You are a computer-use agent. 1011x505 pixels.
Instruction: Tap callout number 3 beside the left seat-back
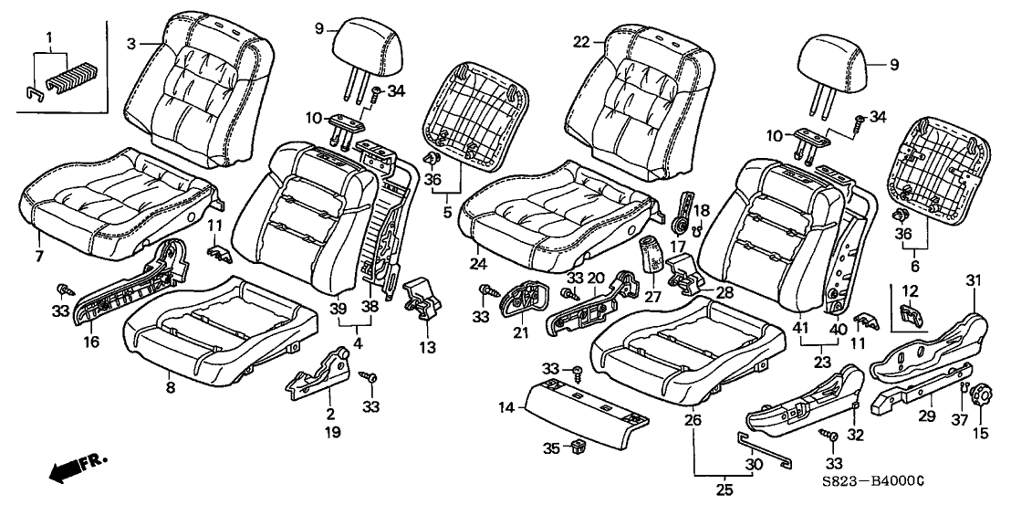131,42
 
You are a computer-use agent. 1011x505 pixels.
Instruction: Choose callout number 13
427,347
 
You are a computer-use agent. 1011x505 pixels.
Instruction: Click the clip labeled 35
578,447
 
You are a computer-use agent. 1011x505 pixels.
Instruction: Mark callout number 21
520,333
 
